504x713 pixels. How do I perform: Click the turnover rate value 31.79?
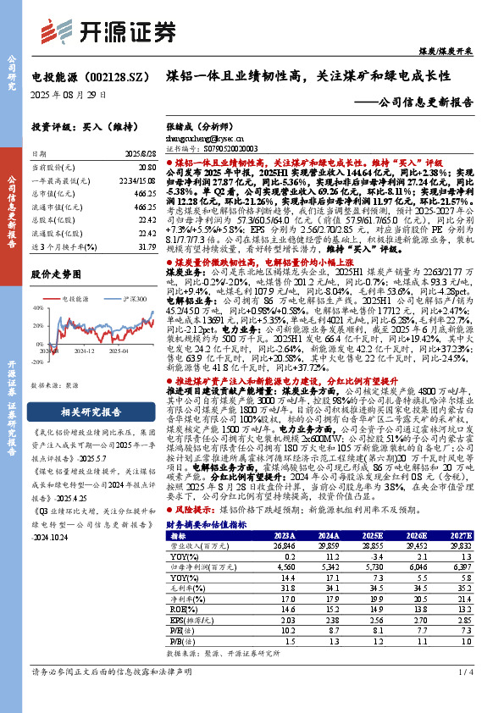click(x=147, y=246)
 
